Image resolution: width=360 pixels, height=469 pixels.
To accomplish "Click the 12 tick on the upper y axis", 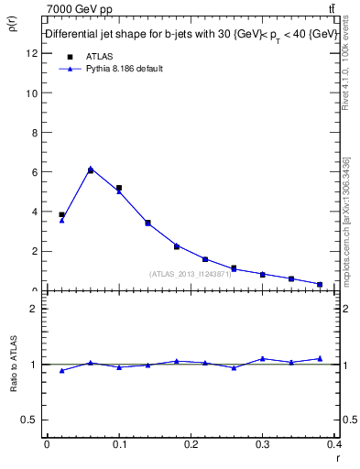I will tap(33, 53).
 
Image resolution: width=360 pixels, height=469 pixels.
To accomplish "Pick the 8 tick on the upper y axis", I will tap(34, 133).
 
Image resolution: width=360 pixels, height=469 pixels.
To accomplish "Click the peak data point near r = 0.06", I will tap(90, 169).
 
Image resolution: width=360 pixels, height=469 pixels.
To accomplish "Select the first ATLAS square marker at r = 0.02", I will tap(61, 214).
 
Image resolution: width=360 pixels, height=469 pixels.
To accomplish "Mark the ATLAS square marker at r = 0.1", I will tap(119, 188).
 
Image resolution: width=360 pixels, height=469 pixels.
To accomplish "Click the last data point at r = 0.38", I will tap(320, 284).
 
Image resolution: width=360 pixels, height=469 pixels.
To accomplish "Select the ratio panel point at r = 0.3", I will tap(262, 358).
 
